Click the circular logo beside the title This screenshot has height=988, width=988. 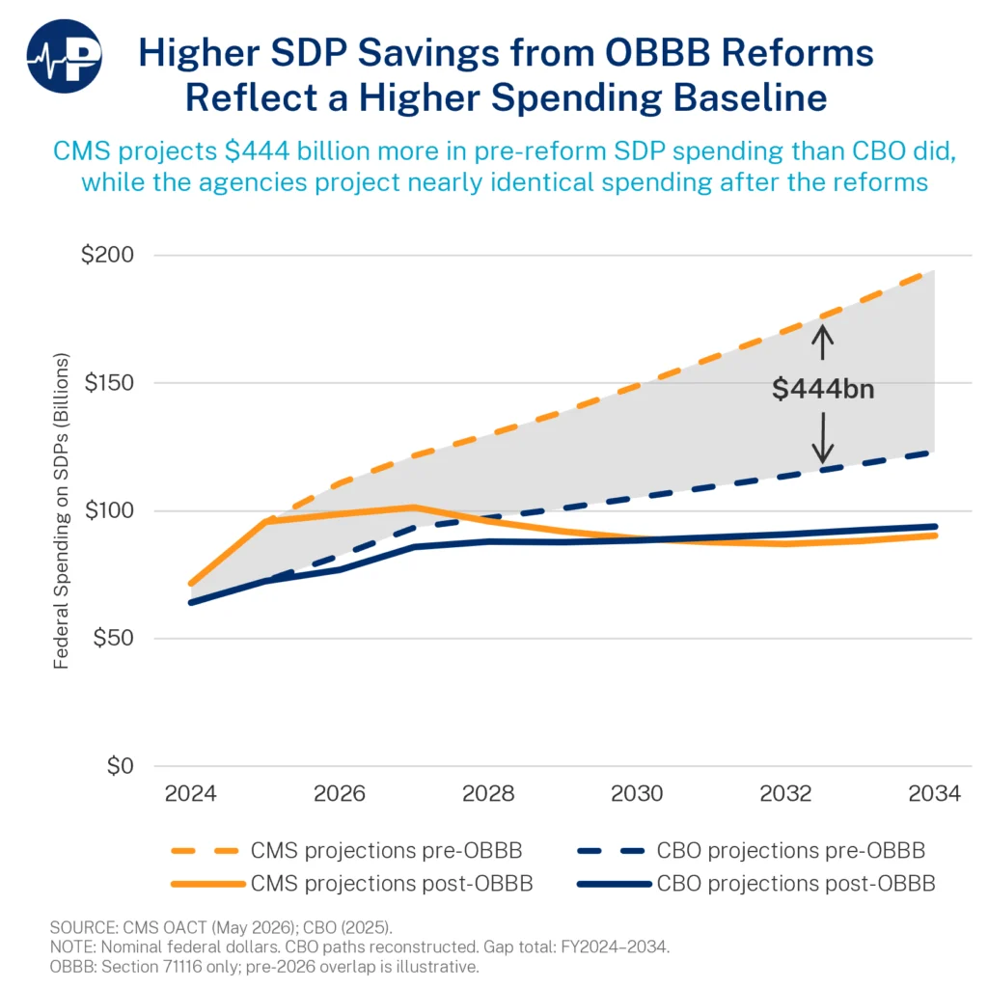pyautogui.click(x=65, y=57)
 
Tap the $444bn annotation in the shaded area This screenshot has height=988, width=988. pyautogui.click(x=823, y=389)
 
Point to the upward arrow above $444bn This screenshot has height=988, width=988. pyautogui.click(x=822, y=343)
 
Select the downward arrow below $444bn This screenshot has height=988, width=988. pyautogui.click(x=822, y=438)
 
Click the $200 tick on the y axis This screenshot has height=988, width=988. pyautogui.click(x=107, y=255)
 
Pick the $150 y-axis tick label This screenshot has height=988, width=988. pyautogui.click(x=108, y=382)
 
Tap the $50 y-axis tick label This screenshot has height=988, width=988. pyautogui.click(x=113, y=638)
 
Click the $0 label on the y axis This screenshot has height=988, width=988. pyautogui.click(x=120, y=765)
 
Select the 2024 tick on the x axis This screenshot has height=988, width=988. pyautogui.click(x=190, y=793)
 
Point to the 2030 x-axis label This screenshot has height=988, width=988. pyautogui.click(x=637, y=793)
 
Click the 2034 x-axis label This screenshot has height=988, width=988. pyautogui.click(x=934, y=793)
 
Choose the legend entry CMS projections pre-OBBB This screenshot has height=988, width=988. pyautogui.click(x=346, y=851)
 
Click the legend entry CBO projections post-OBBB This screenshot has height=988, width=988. pyautogui.click(x=756, y=884)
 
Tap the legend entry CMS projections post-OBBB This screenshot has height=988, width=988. pyautogui.click(x=351, y=884)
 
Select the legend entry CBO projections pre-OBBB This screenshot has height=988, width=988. pyautogui.click(x=751, y=851)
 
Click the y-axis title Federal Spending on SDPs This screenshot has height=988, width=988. pyautogui.click(x=61, y=510)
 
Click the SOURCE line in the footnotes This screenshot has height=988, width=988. pyautogui.click(x=221, y=927)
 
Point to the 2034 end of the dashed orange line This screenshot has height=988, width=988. pyautogui.click(x=933, y=271)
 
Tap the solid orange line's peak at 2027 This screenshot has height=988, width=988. pyautogui.click(x=414, y=507)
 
